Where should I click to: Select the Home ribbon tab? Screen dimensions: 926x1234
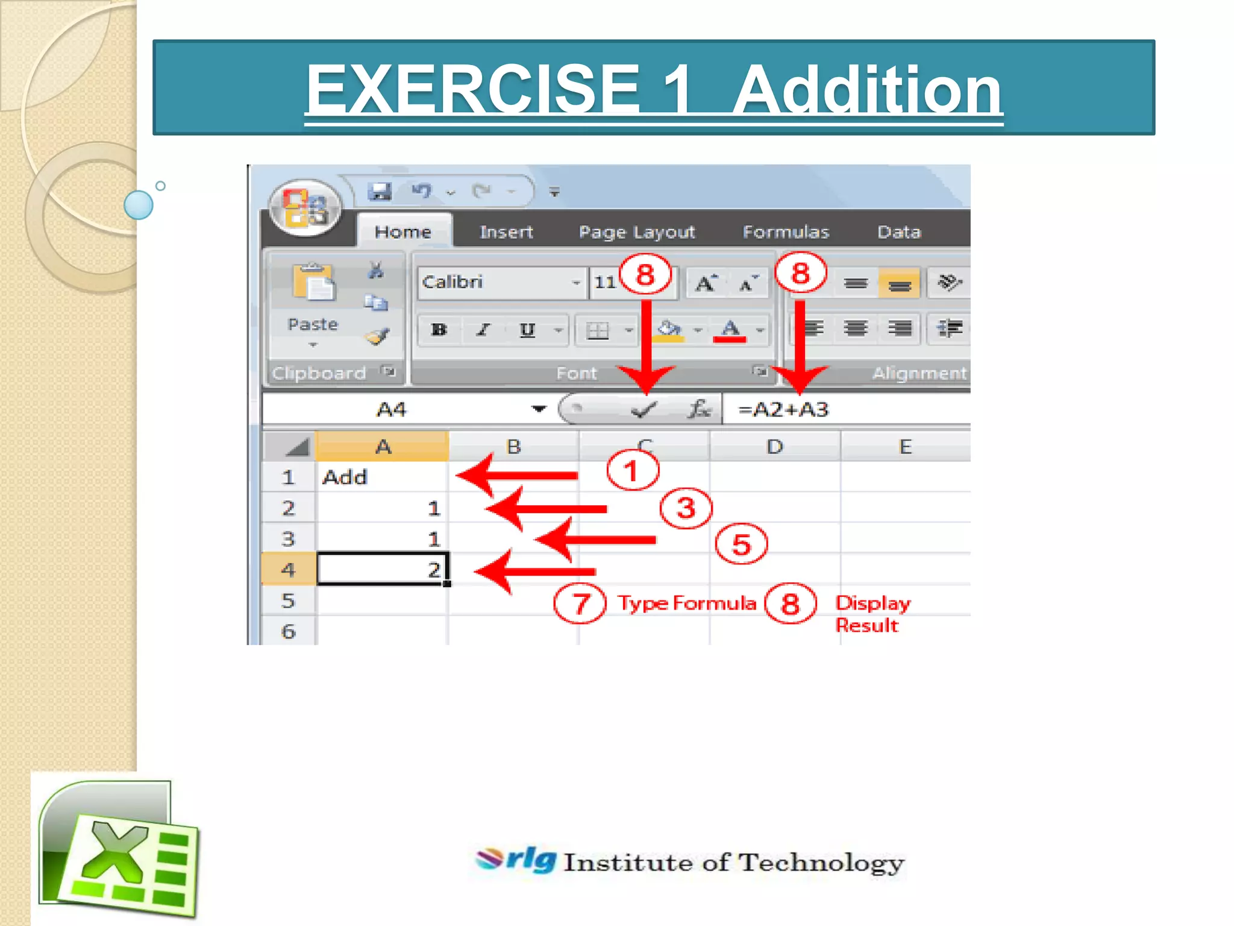point(402,231)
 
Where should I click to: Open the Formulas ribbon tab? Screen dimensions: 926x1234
point(785,231)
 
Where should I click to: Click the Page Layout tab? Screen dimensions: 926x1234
point(636,231)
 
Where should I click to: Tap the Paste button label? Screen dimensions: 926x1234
point(313,324)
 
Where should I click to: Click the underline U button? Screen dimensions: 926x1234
point(527,330)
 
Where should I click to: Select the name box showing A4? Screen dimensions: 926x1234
point(392,410)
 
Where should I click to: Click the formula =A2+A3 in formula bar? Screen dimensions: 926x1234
point(783,410)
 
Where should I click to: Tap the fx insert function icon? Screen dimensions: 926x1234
point(699,409)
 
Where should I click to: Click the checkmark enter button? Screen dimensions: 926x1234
point(643,411)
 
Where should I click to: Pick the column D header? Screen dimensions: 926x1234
point(774,447)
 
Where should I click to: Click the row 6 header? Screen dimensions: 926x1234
point(288,631)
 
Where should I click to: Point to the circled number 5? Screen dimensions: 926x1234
point(741,544)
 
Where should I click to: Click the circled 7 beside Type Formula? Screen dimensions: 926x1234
point(580,603)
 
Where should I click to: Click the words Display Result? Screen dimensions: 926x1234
point(871,614)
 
